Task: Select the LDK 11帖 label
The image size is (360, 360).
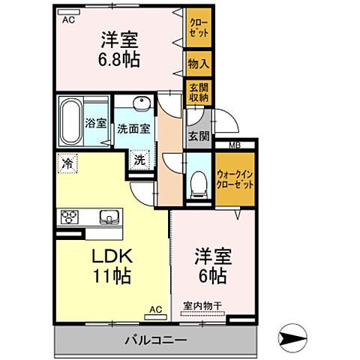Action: (112, 265)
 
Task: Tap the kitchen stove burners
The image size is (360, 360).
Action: (70, 218)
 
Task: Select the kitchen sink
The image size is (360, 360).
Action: (108, 218)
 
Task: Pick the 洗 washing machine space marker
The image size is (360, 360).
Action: (140, 159)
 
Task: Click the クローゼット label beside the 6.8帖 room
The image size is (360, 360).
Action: (199, 33)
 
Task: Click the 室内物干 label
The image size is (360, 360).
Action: (203, 306)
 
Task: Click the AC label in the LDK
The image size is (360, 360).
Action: (155, 309)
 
